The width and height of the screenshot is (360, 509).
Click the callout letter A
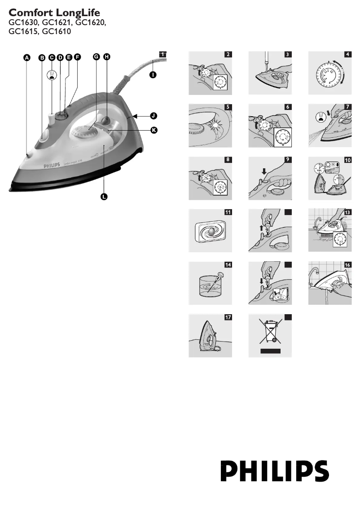(27, 57)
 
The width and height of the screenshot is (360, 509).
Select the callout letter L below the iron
(104, 197)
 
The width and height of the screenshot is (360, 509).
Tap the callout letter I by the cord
(153, 75)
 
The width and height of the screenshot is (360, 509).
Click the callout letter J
(154, 115)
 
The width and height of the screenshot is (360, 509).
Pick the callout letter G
(96, 57)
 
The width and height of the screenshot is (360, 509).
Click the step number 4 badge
(347, 55)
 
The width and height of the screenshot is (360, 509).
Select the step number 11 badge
(228, 213)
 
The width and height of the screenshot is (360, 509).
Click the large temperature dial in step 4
(329, 75)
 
